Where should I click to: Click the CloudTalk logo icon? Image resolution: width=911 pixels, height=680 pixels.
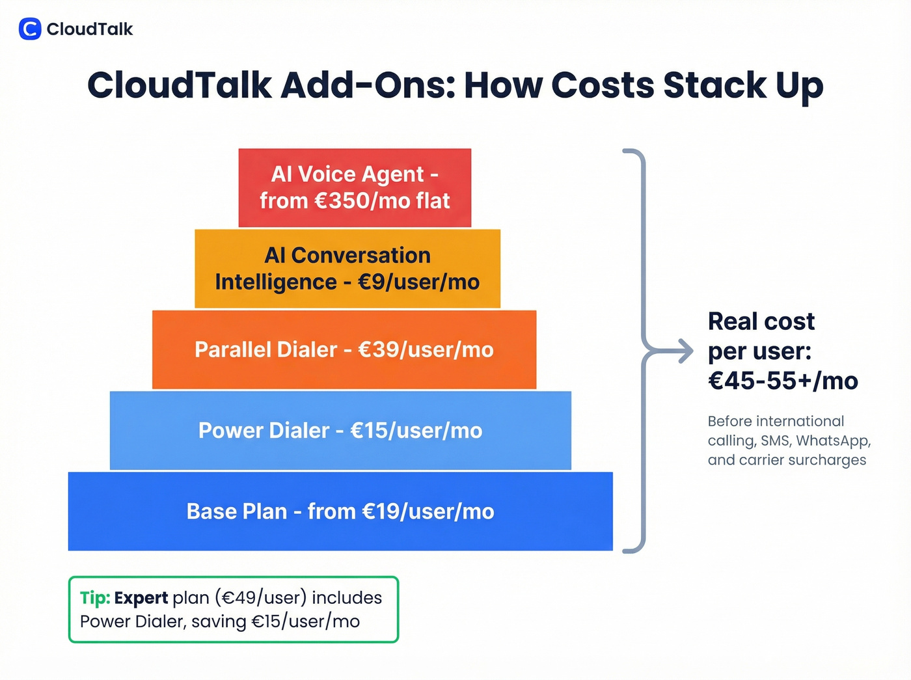(x=30, y=29)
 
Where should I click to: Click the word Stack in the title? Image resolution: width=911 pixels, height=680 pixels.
(x=714, y=85)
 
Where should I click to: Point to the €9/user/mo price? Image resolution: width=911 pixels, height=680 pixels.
(x=418, y=282)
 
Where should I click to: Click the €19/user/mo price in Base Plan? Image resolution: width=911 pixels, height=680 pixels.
(x=428, y=511)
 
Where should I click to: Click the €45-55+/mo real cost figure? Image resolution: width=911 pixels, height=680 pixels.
(x=783, y=381)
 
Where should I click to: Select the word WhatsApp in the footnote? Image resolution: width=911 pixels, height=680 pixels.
(x=832, y=441)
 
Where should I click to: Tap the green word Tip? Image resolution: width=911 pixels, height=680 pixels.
(x=95, y=598)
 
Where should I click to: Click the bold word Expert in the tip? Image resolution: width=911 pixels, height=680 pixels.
(x=141, y=598)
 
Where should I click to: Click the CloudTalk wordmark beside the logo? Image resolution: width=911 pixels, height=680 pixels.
(x=90, y=29)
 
